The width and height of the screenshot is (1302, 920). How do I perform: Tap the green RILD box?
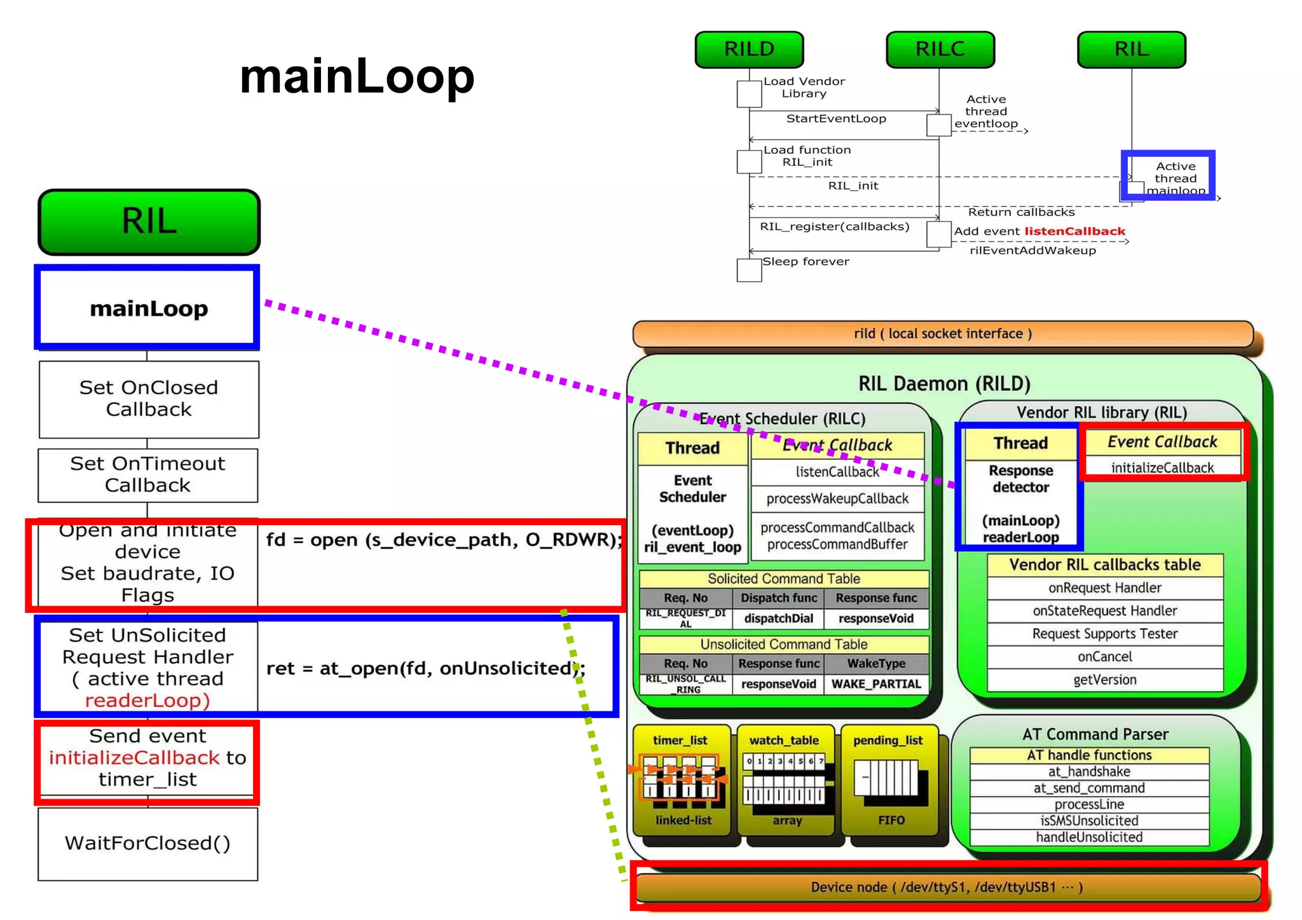click(x=749, y=50)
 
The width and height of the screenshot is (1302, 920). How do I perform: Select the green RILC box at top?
click(x=940, y=50)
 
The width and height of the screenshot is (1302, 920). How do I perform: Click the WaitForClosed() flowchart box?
click(x=147, y=843)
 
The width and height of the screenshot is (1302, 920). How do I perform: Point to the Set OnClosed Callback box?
click(x=148, y=399)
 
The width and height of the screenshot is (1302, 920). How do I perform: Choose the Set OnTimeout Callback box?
click(x=147, y=474)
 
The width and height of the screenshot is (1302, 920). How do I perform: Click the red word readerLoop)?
click(x=147, y=700)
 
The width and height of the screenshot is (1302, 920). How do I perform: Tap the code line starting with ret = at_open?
click(x=425, y=668)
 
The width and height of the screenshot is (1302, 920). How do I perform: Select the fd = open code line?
click(x=443, y=540)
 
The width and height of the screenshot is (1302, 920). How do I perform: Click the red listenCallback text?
click(x=1074, y=231)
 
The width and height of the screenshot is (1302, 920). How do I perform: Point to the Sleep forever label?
click(x=805, y=261)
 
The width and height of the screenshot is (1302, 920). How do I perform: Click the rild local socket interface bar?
click(x=943, y=334)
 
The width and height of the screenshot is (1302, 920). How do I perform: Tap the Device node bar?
click(x=947, y=888)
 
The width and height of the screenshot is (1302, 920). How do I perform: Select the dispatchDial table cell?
click(x=778, y=619)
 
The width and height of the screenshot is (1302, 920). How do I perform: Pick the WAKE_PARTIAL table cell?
click(x=876, y=684)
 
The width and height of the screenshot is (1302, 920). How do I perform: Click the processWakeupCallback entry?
click(x=837, y=499)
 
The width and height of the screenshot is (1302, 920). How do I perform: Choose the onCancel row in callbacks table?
click(x=1105, y=657)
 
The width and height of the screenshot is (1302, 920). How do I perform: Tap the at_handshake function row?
click(x=1089, y=772)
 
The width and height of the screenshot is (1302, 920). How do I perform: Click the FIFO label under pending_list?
click(x=891, y=821)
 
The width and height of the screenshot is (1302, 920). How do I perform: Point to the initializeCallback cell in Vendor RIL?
click(x=1162, y=468)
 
